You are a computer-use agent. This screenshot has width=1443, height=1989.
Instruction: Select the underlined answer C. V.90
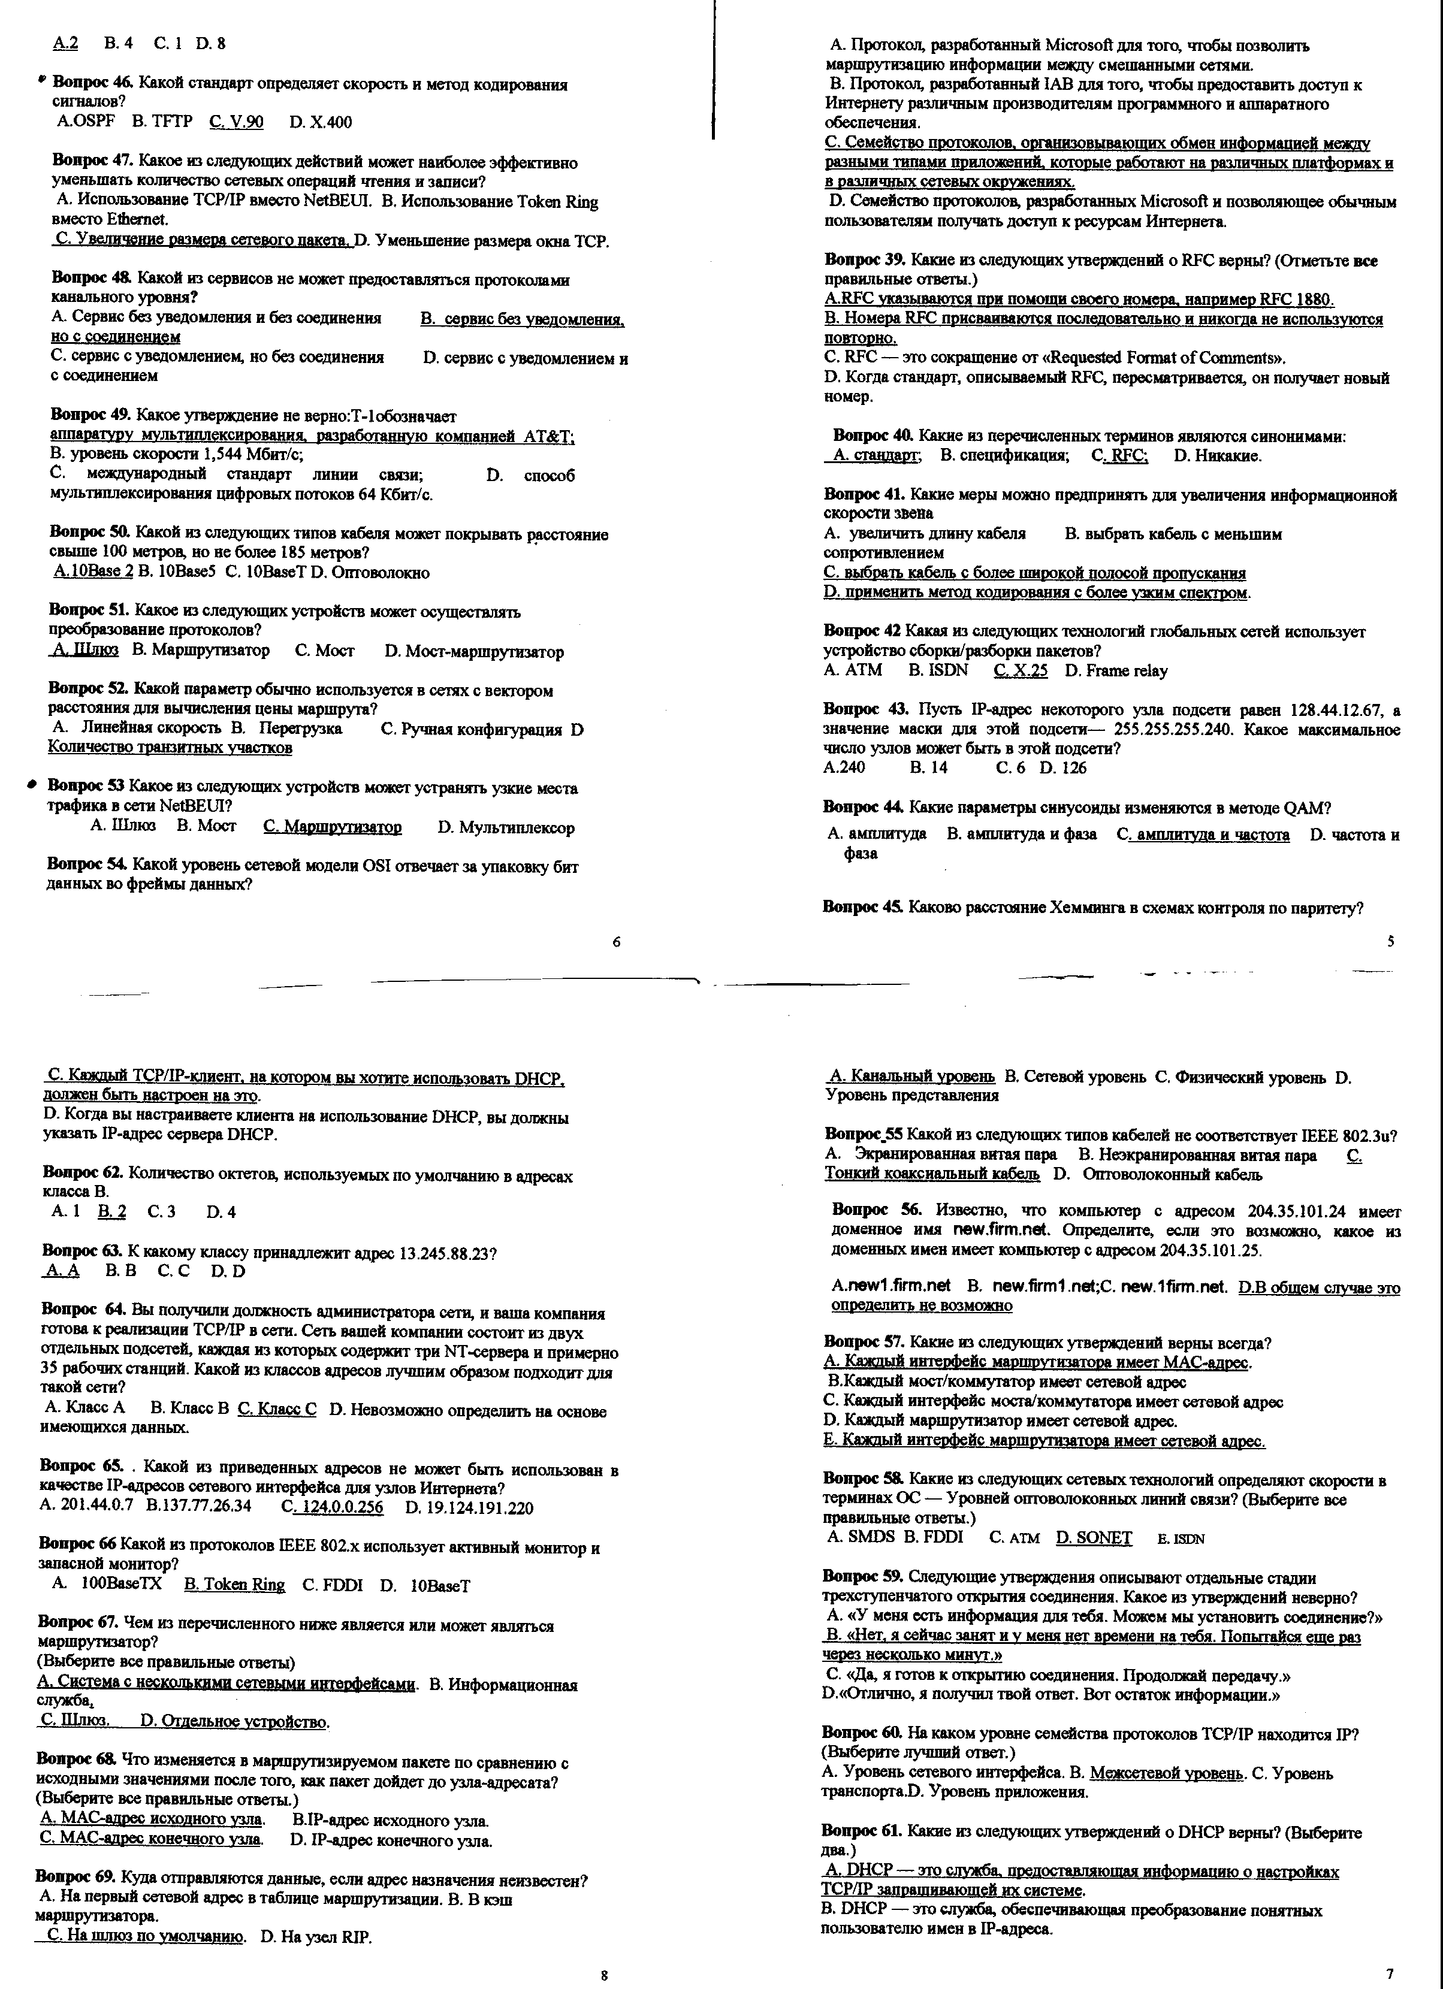(x=236, y=122)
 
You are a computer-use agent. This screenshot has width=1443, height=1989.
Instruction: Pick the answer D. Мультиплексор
(x=505, y=827)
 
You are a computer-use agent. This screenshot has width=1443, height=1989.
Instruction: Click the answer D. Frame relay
(x=1116, y=671)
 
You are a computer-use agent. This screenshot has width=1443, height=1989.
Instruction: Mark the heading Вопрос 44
(x=863, y=807)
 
